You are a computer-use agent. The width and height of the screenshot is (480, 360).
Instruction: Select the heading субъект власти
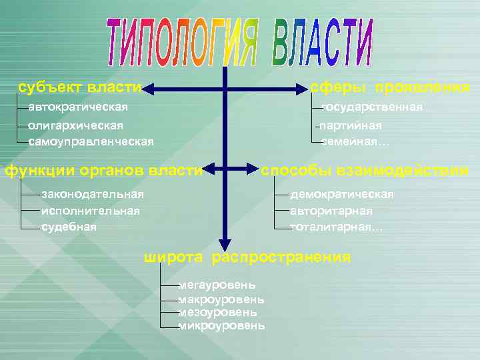click(x=79, y=88)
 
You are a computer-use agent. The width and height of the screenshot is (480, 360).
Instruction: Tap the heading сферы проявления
click(x=390, y=88)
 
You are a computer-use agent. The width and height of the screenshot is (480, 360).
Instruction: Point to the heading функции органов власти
click(x=103, y=171)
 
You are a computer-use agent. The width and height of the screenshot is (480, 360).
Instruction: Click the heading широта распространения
click(x=247, y=257)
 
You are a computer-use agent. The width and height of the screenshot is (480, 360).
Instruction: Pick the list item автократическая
click(x=78, y=107)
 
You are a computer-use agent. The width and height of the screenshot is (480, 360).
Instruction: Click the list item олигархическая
click(x=75, y=125)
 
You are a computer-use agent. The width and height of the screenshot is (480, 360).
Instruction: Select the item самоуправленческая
click(x=91, y=141)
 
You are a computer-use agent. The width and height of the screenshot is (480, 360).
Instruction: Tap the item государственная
click(x=371, y=107)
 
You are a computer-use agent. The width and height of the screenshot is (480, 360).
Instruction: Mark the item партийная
click(x=351, y=125)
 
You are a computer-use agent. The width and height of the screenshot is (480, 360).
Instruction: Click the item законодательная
click(x=92, y=194)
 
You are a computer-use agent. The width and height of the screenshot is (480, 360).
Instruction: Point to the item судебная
click(x=69, y=227)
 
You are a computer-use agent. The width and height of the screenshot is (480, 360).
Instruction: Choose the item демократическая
click(x=342, y=194)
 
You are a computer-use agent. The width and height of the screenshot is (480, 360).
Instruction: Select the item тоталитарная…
click(x=337, y=227)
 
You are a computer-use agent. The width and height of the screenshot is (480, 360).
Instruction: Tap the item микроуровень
click(x=221, y=326)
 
